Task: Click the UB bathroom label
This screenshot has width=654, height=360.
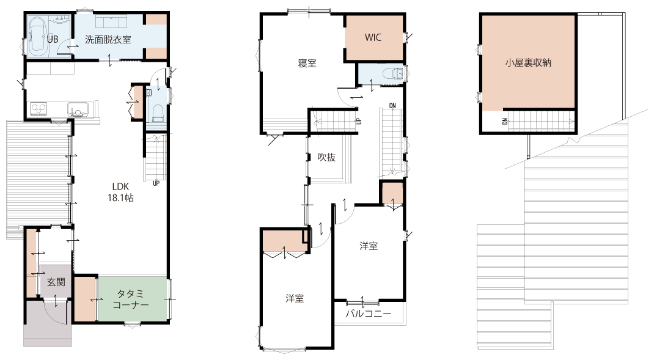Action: click(53, 40)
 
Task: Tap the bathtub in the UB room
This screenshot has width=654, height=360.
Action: click(39, 37)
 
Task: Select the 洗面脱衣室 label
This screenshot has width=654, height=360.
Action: click(108, 40)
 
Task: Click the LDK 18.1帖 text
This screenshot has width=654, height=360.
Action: click(120, 193)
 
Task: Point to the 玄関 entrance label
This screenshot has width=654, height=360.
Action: click(56, 282)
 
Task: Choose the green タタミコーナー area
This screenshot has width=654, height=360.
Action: click(132, 299)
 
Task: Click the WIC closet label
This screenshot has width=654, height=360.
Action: click(373, 37)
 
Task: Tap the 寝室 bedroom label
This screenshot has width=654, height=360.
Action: click(307, 64)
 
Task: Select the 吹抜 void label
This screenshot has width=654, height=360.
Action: click(326, 157)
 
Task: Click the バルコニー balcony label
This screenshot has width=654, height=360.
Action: click(369, 314)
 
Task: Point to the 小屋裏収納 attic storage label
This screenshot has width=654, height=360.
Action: click(529, 63)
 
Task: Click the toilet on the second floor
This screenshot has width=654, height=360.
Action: click(394, 74)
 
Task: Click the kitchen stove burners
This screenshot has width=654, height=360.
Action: click(39, 109)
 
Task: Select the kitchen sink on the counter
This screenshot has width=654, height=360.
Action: click(78, 109)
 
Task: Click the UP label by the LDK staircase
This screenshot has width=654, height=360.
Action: click(156, 183)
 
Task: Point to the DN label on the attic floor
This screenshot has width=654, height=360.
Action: click(505, 122)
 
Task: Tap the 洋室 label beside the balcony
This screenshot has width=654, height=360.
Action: click(369, 246)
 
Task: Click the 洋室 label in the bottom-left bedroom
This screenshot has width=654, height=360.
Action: click(295, 299)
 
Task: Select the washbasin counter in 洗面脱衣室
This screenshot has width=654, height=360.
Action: click(111, 21)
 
